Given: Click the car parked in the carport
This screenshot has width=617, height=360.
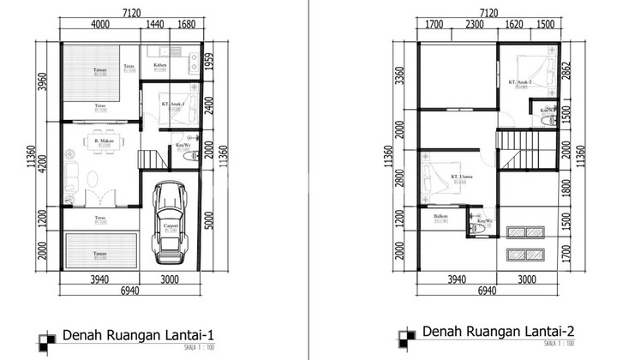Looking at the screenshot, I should pos(171,225).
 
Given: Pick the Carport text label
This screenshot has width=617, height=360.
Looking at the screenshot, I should pos(171,226).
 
